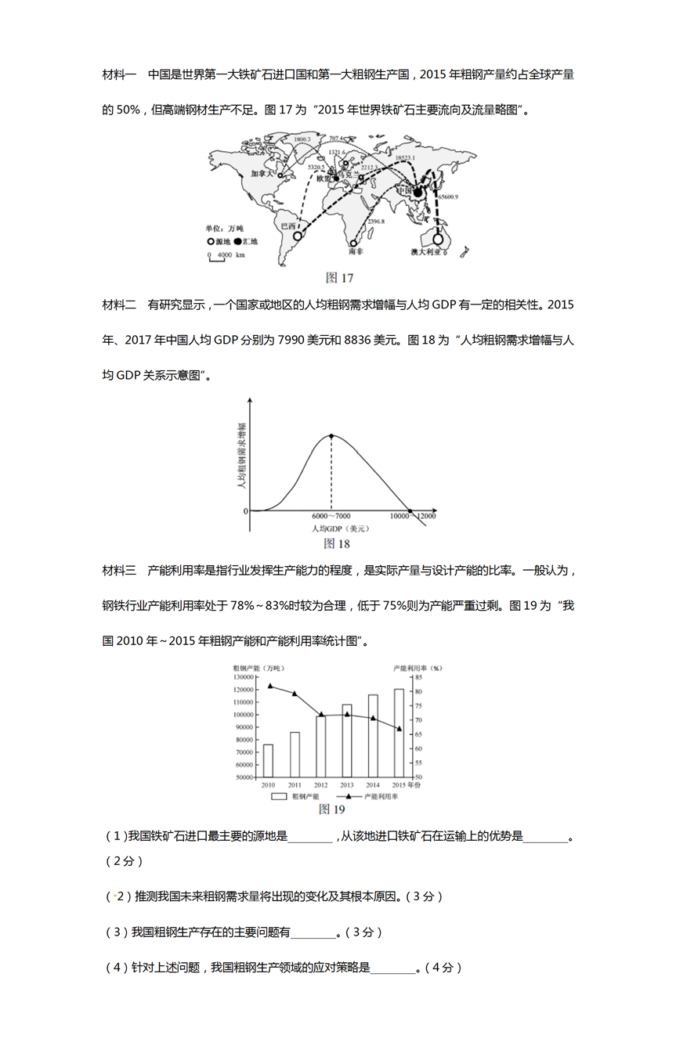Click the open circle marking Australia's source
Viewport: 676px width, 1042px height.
(438, 239)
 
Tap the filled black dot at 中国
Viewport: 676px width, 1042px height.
(418, 193)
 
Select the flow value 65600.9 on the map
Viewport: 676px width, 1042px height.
(449, 197)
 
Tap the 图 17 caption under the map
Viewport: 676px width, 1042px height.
(339, 278)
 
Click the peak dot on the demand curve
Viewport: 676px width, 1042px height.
(331, 435)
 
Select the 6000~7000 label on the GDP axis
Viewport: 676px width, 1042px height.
(331, 517)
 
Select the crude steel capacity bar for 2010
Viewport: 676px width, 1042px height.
(268, 760)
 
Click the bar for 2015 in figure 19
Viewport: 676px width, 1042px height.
(399, 733)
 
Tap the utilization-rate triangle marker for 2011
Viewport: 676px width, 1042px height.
(295, 694)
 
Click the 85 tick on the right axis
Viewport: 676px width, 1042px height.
(418, 677)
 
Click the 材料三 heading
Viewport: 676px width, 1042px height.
(119, 570)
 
